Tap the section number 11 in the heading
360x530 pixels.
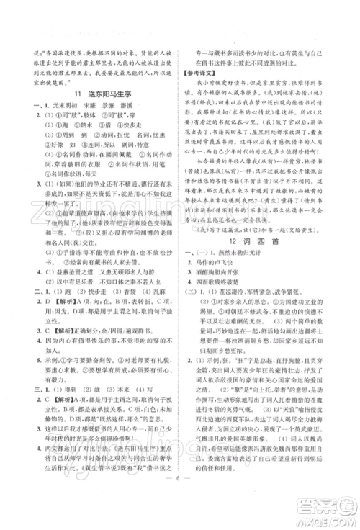click(x=77, y=94)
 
